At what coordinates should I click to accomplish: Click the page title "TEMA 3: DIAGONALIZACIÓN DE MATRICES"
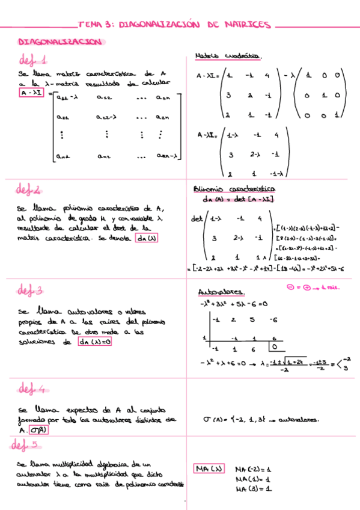175,26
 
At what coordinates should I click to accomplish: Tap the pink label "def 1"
34,60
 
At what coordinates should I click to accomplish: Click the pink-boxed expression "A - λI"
31,93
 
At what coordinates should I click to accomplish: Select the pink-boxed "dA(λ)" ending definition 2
145,238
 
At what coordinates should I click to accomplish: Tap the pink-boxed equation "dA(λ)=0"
96,342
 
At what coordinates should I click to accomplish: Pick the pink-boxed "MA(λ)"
209,469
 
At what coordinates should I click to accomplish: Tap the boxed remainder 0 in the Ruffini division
274,347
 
